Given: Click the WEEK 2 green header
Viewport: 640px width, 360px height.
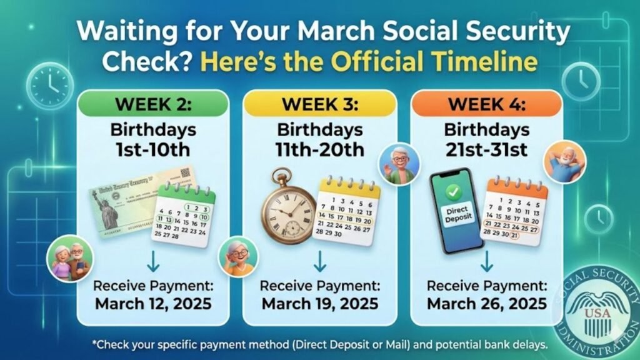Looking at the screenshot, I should point(153,102).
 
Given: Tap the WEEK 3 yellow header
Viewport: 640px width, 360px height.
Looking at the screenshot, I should point(320,102).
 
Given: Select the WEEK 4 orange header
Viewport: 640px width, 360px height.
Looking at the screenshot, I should point(487,102).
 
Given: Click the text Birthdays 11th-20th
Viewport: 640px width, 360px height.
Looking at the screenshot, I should point(320,140).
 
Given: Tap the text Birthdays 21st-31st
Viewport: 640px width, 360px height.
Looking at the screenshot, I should point(487,140).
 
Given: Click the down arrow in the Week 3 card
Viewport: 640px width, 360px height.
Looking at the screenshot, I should point(320,261).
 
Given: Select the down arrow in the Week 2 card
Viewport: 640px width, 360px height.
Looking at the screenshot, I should point(153,261).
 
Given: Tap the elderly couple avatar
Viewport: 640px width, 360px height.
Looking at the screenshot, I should point(70,257).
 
